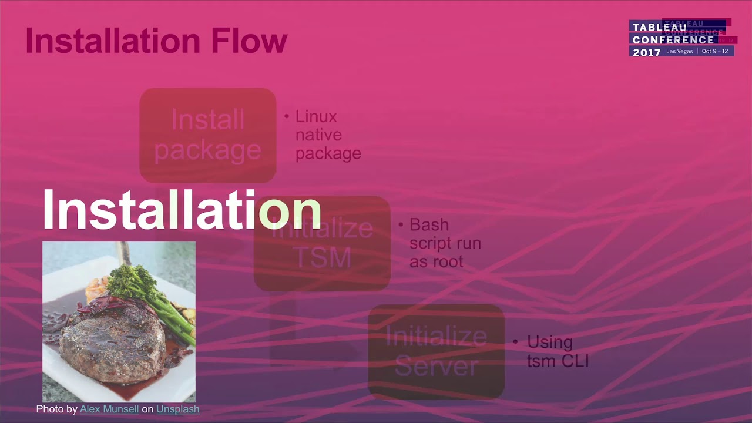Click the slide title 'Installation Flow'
(x=156, y=41)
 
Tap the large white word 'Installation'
(x=181, y=210)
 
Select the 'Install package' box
(x=207, y=135)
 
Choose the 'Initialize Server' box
(x=436, y=351)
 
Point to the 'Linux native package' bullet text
(x=328, y=135)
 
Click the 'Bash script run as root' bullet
(x=445, y=243)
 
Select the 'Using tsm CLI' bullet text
(x=557, y=351)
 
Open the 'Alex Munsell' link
(x=109, y=409)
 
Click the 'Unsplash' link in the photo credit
(x=177, y=409)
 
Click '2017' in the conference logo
(x=647, y=52)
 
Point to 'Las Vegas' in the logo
(x=680, y=52)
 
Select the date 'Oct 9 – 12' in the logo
(x=714, y=52)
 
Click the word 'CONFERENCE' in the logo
(x=673, y=39)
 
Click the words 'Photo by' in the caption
(x=56, y=409)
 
